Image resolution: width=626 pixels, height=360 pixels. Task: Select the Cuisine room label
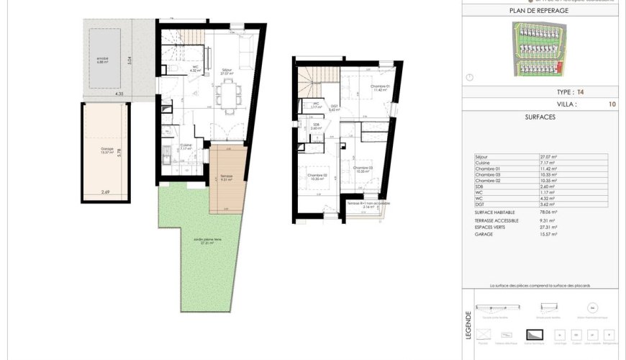tap(185, 145)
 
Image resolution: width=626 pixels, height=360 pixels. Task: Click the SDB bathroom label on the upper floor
tap(316, 125)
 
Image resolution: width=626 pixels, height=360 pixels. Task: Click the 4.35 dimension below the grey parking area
tap(118, 94)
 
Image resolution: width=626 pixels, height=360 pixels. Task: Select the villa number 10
tap(611, 104)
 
